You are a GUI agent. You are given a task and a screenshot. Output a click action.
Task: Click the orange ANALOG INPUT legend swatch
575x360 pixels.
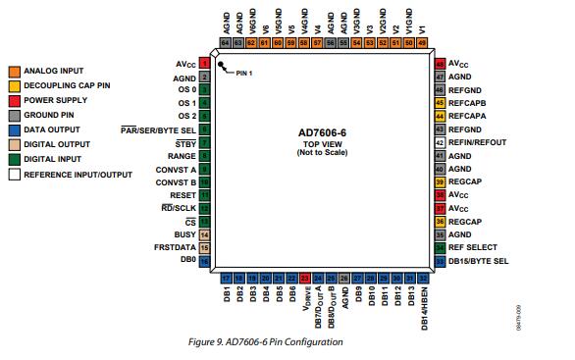tap(15, 72)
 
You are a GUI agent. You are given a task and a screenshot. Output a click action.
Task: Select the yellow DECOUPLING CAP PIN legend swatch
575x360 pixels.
tap(15, 86)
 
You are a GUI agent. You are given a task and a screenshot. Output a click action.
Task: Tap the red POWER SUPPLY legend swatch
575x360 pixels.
tap(15, 100)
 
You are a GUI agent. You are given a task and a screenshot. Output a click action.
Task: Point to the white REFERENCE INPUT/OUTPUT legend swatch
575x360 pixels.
tap(15, 174)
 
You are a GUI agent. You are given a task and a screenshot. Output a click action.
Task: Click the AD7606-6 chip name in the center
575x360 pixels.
tap(322, 131)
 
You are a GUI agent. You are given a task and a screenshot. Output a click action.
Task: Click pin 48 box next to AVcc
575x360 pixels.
tap(440, 63)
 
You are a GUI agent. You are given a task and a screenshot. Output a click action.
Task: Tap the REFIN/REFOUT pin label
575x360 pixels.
tap(478, 142)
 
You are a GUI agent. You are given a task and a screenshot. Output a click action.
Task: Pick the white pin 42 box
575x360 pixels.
tap(440, 142)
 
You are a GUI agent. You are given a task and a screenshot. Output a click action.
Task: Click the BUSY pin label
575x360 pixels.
tap(183, 235)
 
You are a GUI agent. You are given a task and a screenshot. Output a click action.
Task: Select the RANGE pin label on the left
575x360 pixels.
tap(180, 156)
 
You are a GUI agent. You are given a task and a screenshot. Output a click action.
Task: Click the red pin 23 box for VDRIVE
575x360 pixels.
tap(305, 279)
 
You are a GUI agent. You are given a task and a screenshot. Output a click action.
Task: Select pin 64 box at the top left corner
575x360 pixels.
tap(226, 43)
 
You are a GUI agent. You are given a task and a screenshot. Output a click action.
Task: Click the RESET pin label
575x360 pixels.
tap(182, 195)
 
